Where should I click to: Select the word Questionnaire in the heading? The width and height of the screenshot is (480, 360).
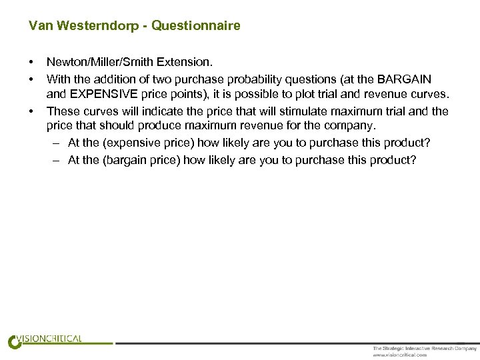coord(196,26)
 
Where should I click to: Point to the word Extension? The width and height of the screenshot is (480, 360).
coord(187,63)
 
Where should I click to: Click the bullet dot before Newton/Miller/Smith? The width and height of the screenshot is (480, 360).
coord(32,63)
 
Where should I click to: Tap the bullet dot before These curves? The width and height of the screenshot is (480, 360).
coord(32,111)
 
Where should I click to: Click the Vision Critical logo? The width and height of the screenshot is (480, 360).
coord(45,340)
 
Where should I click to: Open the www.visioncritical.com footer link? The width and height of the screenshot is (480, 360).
coord(400,355)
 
